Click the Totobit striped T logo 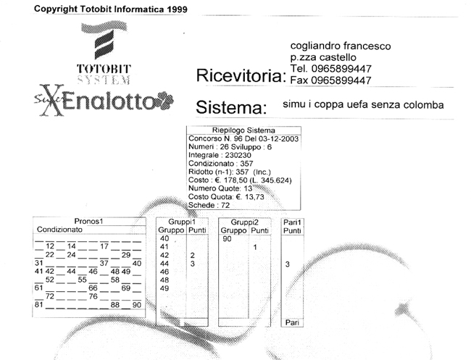click(x=104, y=41)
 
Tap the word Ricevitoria click(x=241, y=75)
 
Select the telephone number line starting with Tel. click(x=330, y=69)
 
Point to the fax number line click(x=330, y=80)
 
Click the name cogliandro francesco click(x=341, y=46)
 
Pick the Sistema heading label click(x=231, y=107)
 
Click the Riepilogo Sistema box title click(x=243, y=130)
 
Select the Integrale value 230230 click(x=238, y=155)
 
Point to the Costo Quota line click(x=226, y=197)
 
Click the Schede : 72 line click(x=209, y=206)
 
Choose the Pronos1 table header click(x=88, y=221)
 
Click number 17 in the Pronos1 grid click(x=104, y=246)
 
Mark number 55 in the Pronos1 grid click(x=82, y=280)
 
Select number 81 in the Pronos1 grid click(x=38, y=305)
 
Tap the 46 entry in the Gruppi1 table click(x=164, y=272)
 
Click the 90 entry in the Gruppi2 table click(x=227, y=239)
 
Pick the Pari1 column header click(x=292, y=222)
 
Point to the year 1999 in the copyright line click(x=178, y=9)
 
